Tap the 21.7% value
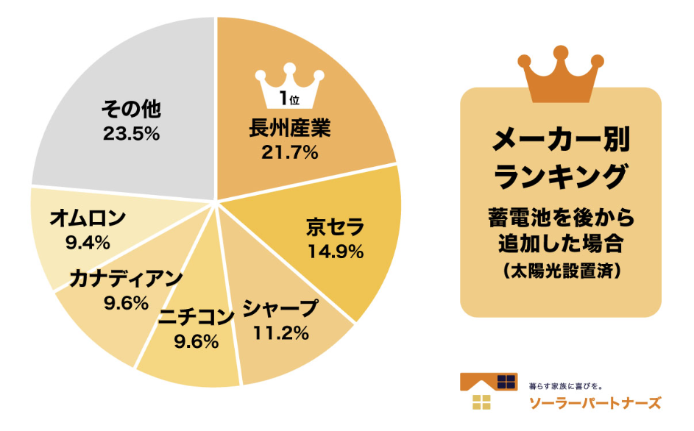[x=289, y=153]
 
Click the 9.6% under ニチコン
[x=196, y=341]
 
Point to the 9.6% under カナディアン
[x=127, y=302]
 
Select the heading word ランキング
[x=561, y=177]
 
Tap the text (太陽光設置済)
[x=561, y=270]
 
